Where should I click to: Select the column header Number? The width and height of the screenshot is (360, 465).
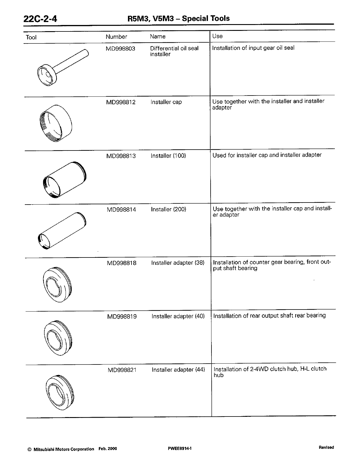[x=116, y=37]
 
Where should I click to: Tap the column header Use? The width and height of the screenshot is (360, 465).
[x=217, y=36]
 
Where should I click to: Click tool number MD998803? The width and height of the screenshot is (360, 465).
[x=120, y=48]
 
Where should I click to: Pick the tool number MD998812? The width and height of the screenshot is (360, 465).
[x=121, y=102]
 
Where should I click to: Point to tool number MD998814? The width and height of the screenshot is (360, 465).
[x=121, y=210]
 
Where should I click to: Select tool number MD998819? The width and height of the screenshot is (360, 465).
[x=122, y=317]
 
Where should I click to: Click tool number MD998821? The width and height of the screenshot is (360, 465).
[x=122, y=370]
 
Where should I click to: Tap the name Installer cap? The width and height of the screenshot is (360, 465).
[x=166, y=102]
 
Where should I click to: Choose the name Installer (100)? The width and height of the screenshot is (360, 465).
[x=168, y=156]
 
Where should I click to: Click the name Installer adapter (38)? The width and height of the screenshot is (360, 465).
[x=178, y=263]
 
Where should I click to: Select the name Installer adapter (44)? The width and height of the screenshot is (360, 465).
[x=178, y=370]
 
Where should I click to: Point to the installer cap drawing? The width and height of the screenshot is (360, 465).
[x=56, y=123]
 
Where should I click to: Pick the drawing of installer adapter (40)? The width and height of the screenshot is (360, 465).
[x=58, y=337]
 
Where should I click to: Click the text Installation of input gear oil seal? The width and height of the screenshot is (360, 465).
[x=253, y=48]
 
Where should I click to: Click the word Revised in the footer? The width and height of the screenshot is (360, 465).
[x=326, y=447]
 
